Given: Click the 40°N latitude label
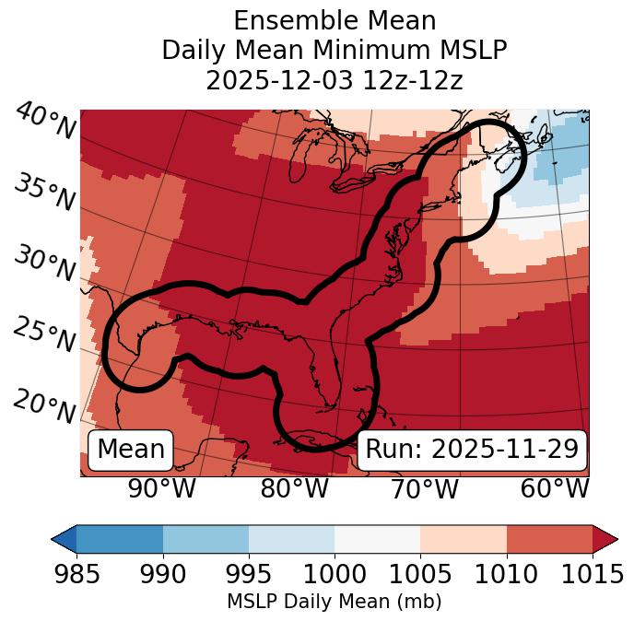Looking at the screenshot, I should coord(45,122).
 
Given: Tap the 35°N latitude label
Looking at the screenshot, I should coord(45,192).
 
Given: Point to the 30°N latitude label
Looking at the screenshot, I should coord(45,264).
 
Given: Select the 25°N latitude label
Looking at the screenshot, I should coord(45,335).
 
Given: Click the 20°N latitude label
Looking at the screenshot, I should coord(45,405).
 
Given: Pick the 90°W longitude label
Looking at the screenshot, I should coord(161,488).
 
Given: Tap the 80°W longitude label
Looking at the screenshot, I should coord(294,488).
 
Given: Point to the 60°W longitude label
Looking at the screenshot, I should coord(555,488).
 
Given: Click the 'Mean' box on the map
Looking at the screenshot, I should coord(131,450).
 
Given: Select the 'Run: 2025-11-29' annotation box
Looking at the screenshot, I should coord(472,450).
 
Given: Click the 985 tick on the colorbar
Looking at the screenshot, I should coord(76,574).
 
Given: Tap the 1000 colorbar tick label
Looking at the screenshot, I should coord(335,574).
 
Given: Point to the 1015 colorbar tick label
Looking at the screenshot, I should coord(593,574).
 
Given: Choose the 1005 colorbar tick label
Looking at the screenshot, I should coord(420,574).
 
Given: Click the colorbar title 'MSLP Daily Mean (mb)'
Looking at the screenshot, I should coord(334,603).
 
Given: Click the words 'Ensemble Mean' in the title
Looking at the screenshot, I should coord(334,20).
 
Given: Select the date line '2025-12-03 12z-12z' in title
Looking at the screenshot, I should coord(334,80).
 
